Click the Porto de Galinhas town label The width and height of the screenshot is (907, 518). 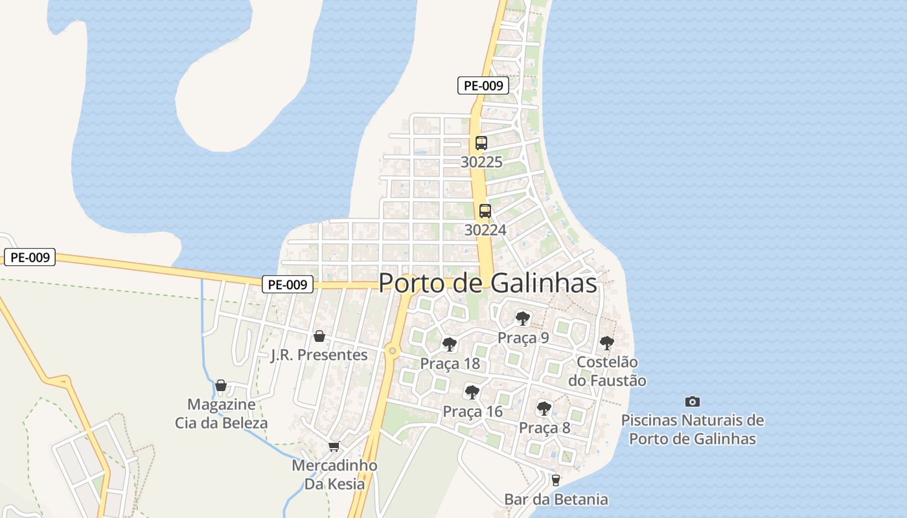[x=487, y=283]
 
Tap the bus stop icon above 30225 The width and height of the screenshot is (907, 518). [x=481, y=143]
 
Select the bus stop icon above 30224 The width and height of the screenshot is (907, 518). [x=485, y=211]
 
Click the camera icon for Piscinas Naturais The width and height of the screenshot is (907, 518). [x=693, y=402]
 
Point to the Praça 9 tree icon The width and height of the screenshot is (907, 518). [x=523, y=319]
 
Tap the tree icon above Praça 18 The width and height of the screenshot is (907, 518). [x=450, y=344]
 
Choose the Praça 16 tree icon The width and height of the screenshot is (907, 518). [x=472, y=392]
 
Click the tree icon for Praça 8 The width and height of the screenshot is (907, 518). [x=544, y=409]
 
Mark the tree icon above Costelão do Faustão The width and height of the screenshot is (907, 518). [x=606, y=343]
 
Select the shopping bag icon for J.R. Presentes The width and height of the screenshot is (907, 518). [x=319, y=336]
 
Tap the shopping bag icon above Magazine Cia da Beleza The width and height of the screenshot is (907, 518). [x=221, y=385]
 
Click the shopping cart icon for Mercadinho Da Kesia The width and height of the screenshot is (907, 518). [x=334, y=447]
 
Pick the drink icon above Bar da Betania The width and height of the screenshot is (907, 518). [x=555, y=480]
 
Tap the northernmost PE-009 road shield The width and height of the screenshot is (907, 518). [x=483, y=85]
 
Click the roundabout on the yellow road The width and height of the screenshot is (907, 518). [x=391, y=351]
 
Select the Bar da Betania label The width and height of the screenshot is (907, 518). [x=556, y=499]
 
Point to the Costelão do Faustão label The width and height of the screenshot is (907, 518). [x=607, y=372]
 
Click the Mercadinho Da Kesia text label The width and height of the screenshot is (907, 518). [x=334, y=475]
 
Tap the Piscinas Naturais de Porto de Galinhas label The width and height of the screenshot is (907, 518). [x=693, y=429]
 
